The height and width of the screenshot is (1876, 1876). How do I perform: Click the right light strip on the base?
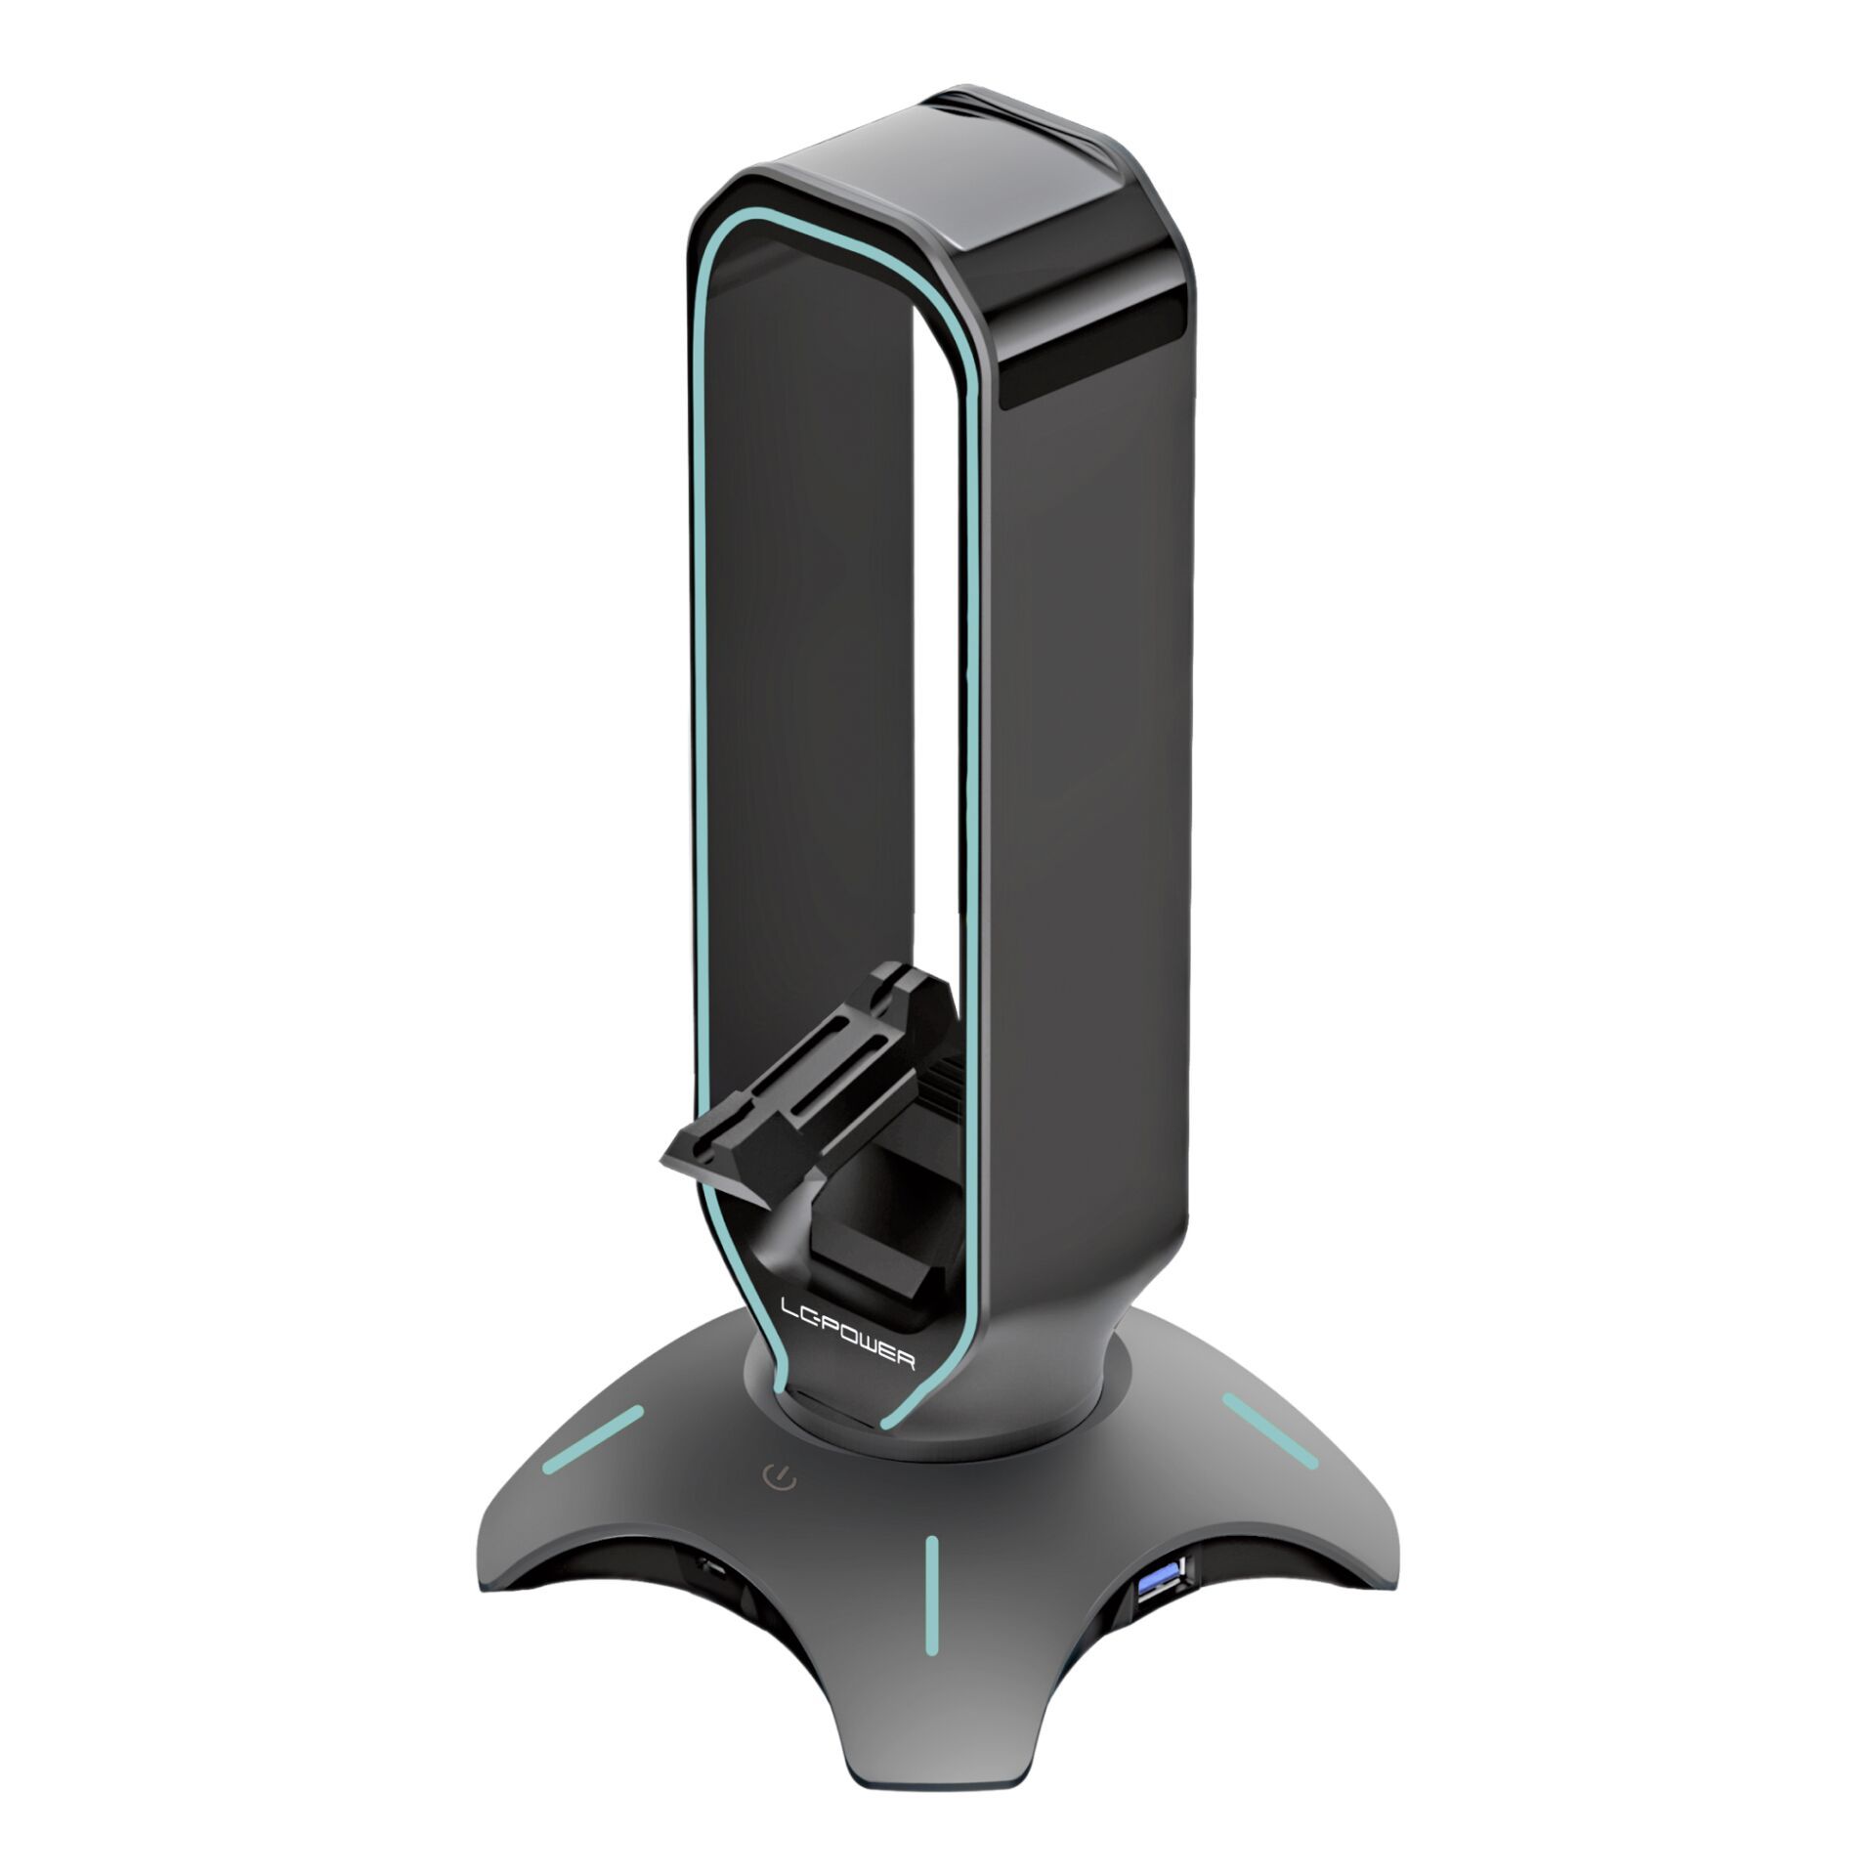click(1269, 1430)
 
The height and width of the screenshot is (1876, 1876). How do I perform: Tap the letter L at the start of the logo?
click(789, 1308)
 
